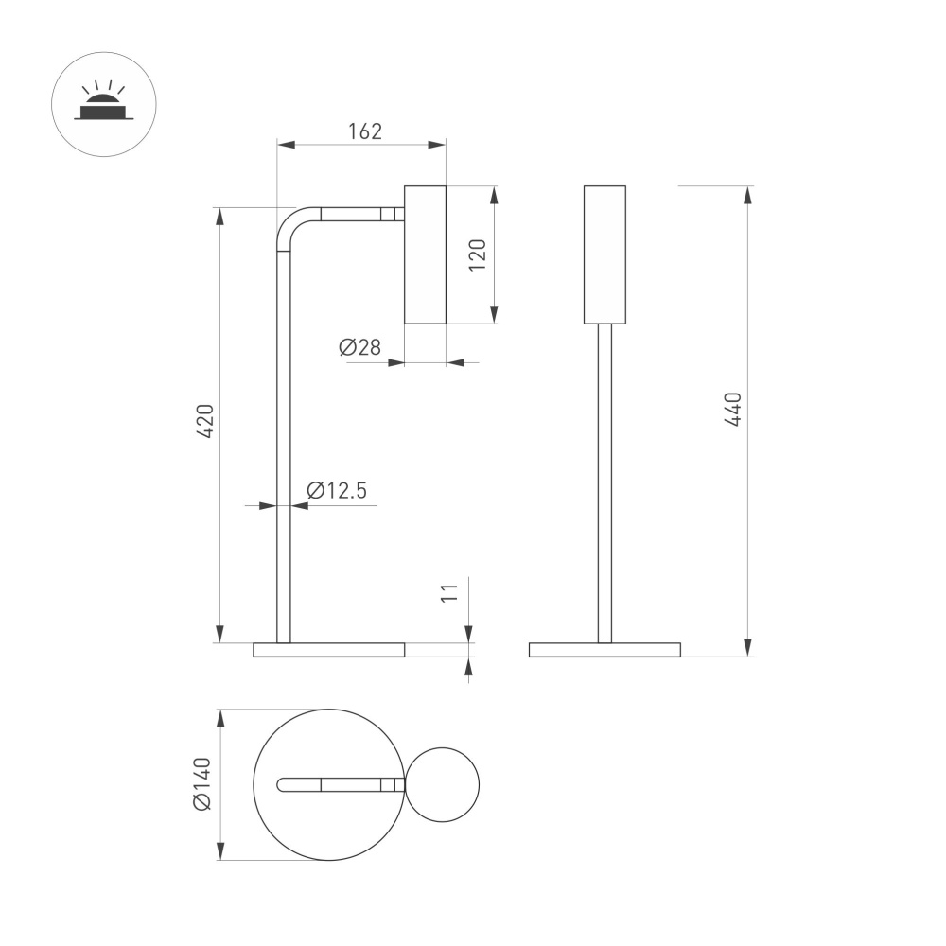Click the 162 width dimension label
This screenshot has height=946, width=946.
pos(364,131)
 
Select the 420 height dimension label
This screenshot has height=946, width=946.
pos(206,421)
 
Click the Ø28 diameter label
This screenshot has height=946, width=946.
pos(359,347)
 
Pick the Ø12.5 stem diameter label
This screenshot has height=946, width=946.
pos(336,490)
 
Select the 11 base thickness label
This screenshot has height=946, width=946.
pos(450,592)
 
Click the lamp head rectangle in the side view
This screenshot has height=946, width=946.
pos(425,254)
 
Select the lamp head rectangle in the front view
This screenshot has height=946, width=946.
pos(604,254)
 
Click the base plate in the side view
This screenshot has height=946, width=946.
pos(329,650)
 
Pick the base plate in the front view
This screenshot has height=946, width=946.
pos(604,650)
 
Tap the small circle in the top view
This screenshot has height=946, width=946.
pos(443,784)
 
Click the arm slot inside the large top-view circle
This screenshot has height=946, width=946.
pos(336,784)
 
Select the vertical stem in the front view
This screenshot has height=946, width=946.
pos(604,482)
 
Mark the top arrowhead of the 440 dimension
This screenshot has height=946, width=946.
pos(748,195)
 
